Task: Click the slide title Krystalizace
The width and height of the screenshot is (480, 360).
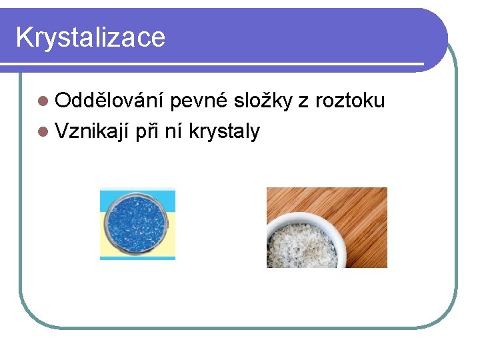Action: point(90,37)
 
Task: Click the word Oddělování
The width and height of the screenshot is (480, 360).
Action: point(110,101)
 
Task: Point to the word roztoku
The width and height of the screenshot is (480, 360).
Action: point(350,101)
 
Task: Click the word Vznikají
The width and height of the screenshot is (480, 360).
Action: point(92,131)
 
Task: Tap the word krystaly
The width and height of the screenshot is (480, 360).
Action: point(224,131)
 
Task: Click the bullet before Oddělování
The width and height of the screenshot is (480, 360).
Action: point(43,101)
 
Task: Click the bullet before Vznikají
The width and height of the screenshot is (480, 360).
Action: point(43,132)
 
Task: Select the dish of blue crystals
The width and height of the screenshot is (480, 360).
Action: point(137,223)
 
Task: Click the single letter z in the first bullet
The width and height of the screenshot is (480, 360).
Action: point(303,101)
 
